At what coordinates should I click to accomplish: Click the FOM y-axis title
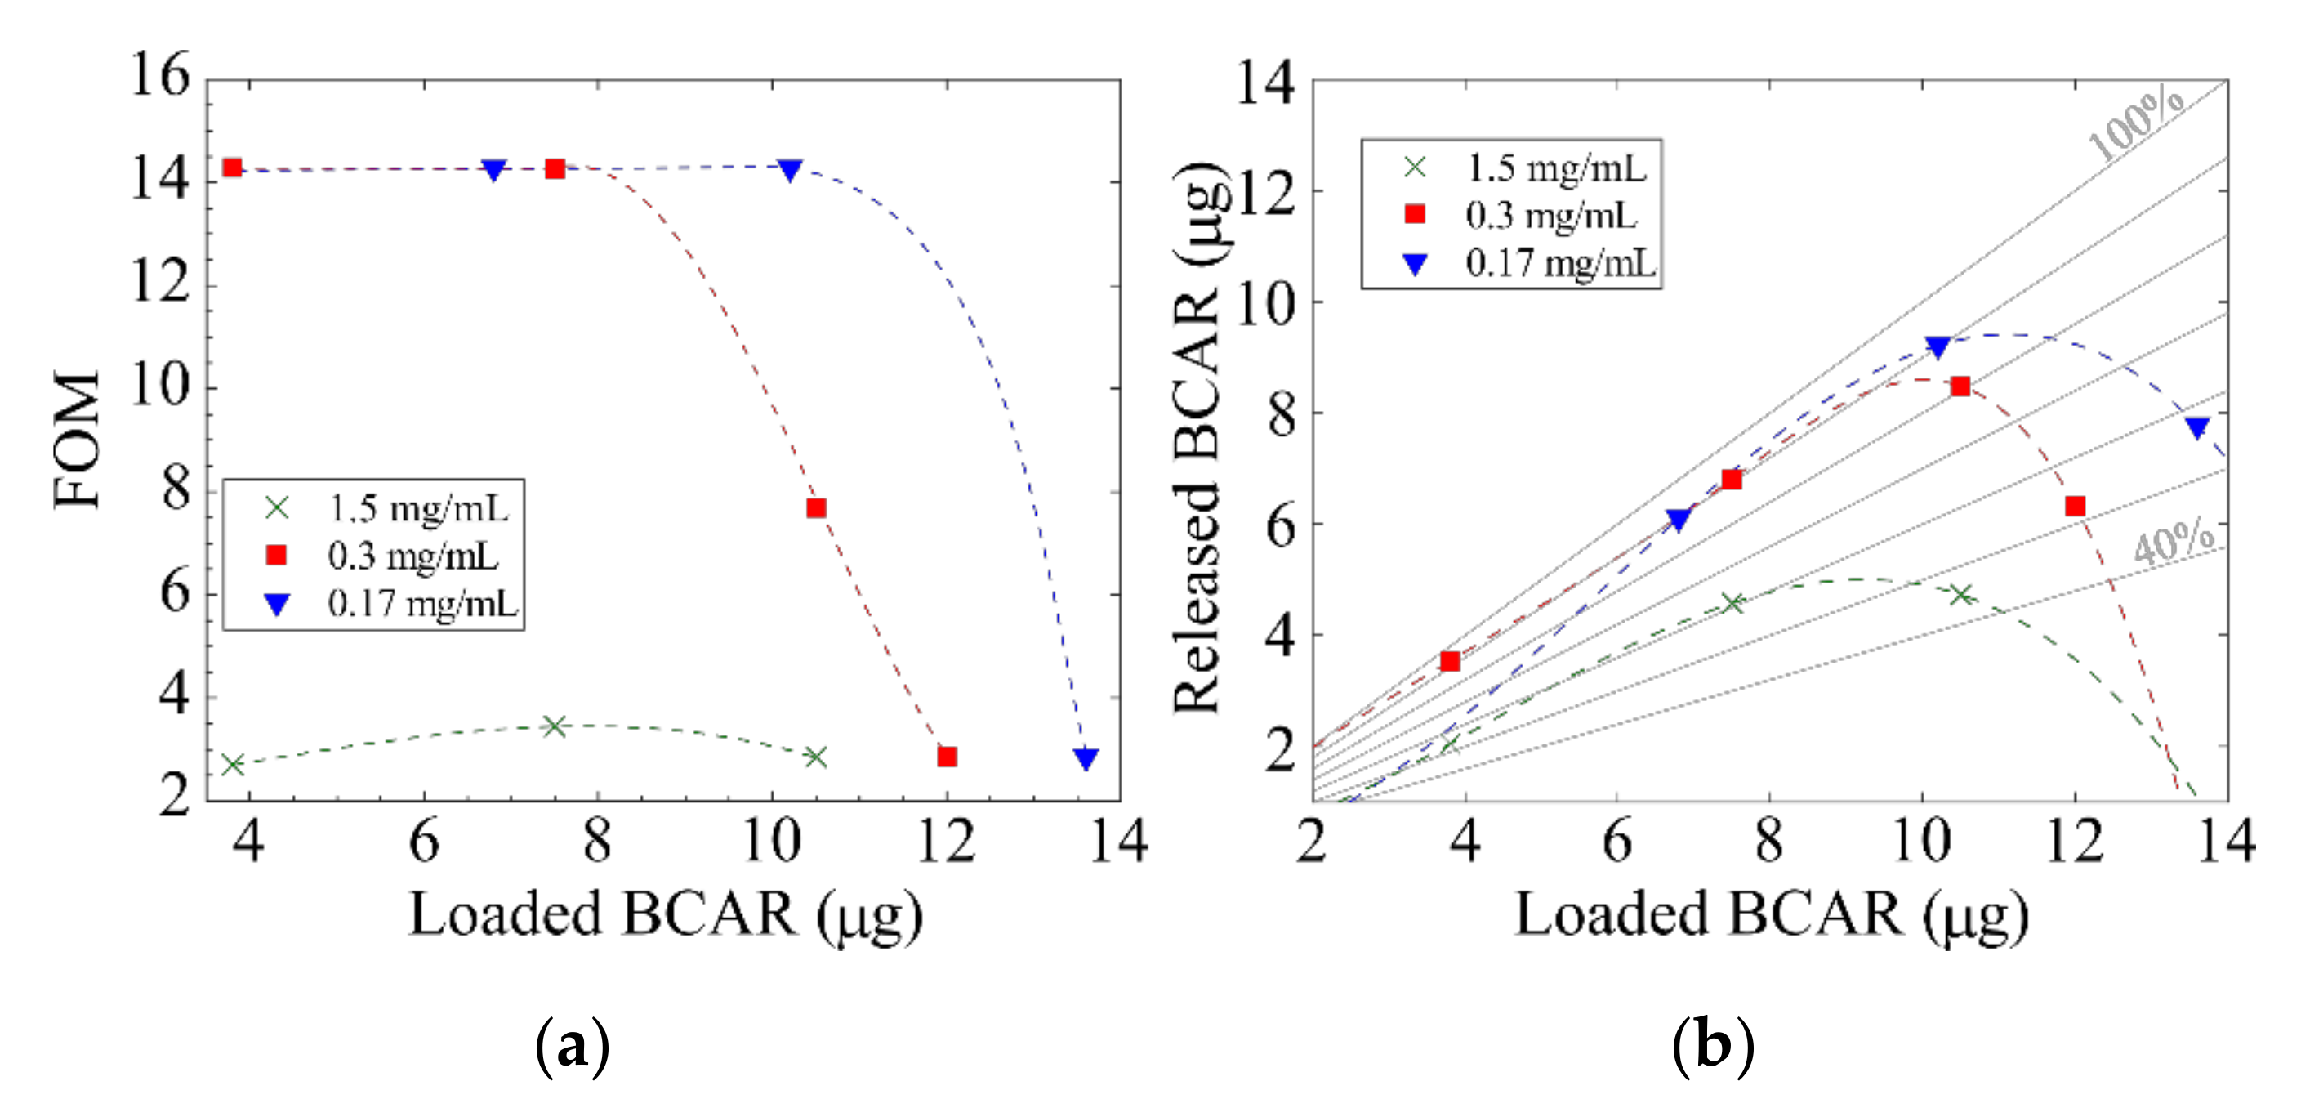click(x=77, y=440)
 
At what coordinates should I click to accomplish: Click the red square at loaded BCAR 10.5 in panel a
click(x=815, y=508)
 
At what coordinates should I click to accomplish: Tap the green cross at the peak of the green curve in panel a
click(x=555, y=726)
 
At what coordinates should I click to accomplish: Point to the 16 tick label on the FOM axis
click(x=161, y=74)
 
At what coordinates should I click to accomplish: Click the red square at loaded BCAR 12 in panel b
click(x=2075, y=507)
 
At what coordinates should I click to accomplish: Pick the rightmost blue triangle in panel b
click(x=2198, y=428)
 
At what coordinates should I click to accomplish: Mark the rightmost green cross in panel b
click(x=1960, y=595)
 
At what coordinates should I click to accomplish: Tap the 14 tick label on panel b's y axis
click(x=1264, y=83)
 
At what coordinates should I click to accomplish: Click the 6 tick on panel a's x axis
click(x=423, y=842)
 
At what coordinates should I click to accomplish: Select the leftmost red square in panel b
click(x=1450, y=662)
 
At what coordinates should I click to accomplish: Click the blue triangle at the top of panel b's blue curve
click(x=1938, y=347)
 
